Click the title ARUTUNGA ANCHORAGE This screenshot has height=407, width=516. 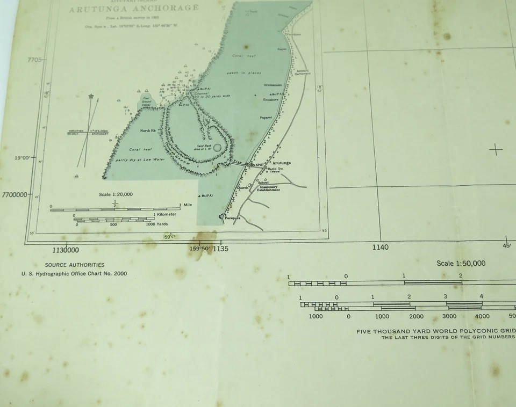point(134,9)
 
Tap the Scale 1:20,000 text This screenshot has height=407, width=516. point(116,194)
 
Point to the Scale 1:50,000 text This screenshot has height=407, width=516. point(461,263)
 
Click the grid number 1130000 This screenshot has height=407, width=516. point(66,250)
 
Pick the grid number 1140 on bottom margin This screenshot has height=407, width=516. point(379,247)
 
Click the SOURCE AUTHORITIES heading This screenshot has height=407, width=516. point(75,265)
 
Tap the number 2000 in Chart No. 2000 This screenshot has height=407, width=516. point(120,273)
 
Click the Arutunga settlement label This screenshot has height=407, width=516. point(282,163)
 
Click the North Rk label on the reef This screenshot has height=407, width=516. point(147,130)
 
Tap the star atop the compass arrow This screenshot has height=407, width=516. point(91,97)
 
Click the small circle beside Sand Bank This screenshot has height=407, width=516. point(217,147)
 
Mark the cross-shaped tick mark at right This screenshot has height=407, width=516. point(496,149)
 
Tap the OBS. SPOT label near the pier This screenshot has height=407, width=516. point(256,164)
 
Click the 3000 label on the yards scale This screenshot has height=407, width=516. point(449,316)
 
